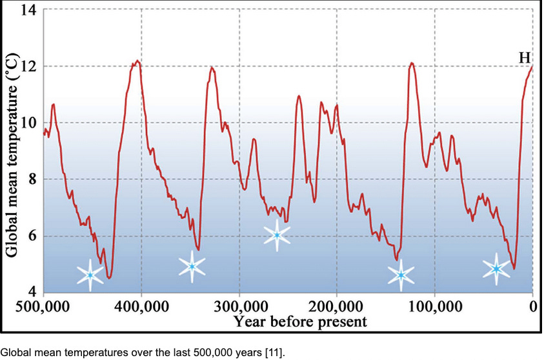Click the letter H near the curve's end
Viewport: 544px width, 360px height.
(x=525, y=58)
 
